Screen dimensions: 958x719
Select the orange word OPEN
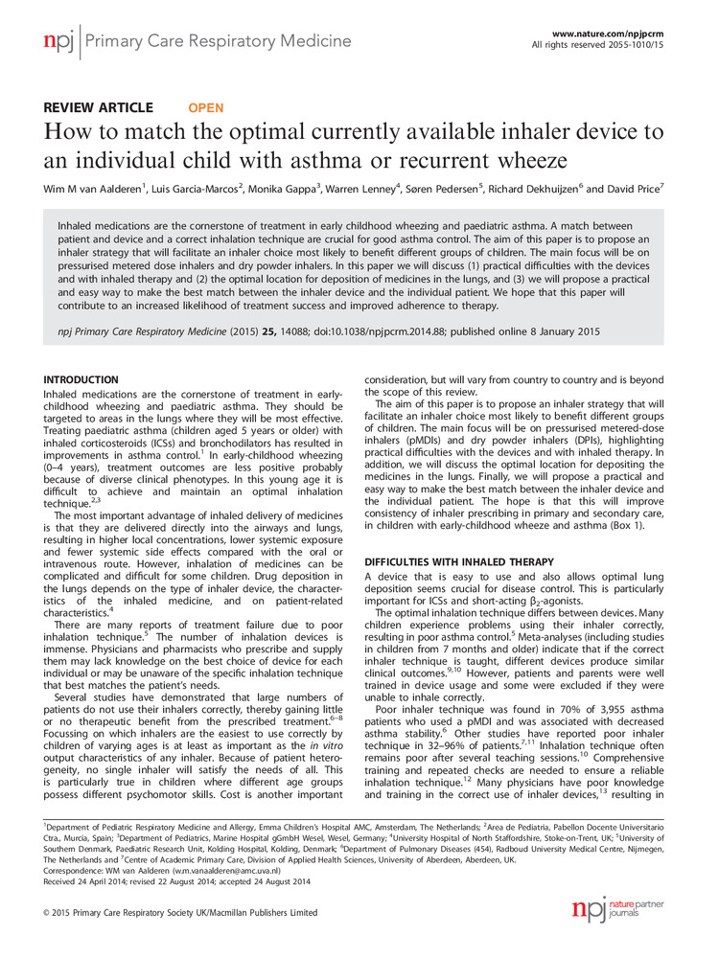[x=205, y=108]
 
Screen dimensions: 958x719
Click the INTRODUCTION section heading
[x=82, y=380]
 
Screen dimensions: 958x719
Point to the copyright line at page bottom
[x=180, y=913]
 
